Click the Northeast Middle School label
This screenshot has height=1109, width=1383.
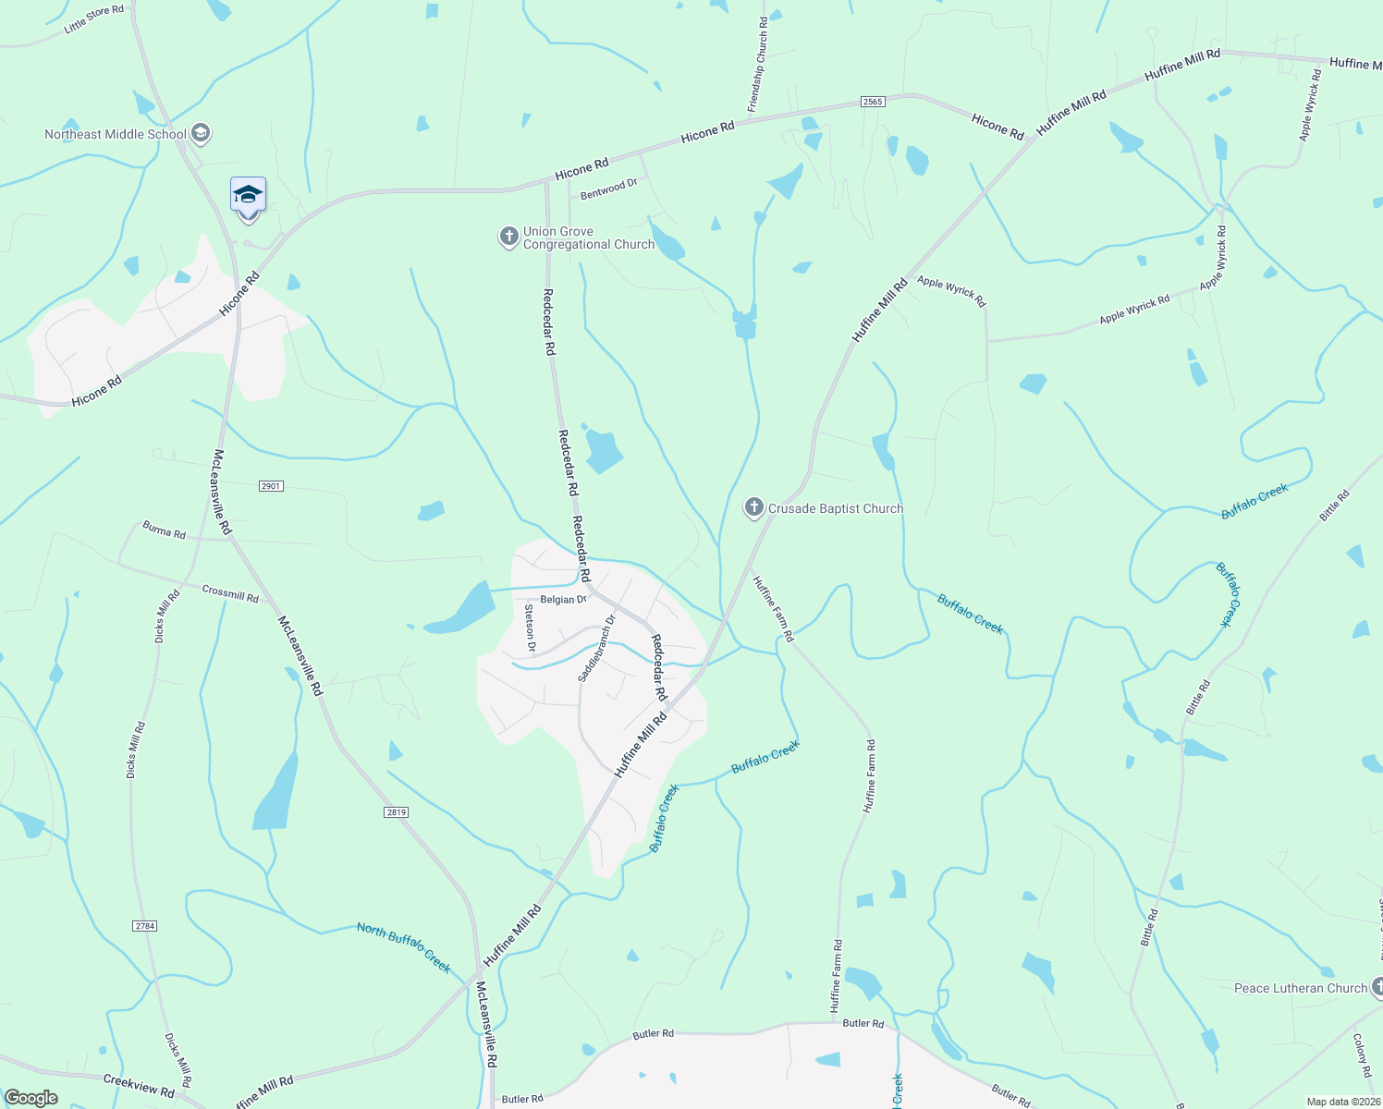(116, 134)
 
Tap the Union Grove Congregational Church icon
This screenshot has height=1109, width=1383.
(508, 238)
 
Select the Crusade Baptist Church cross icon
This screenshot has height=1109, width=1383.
(754, 507)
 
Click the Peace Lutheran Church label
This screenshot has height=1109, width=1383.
(1300, 988)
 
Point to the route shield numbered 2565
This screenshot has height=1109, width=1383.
(873, 102)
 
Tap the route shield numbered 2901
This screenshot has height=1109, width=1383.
(271, 486)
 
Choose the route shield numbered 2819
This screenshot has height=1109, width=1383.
(396, 812)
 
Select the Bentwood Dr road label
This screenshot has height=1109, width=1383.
(609, 189)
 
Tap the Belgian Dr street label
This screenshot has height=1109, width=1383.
(563, 600)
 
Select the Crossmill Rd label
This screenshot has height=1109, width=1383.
(230, 593)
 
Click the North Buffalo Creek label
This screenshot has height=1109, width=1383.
(404, 947)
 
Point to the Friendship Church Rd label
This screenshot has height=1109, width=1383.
(757, 65)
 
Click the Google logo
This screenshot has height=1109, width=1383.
(31, 1098)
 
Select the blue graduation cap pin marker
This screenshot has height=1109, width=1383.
(248, 197)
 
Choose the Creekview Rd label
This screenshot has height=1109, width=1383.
(139, 1086)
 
